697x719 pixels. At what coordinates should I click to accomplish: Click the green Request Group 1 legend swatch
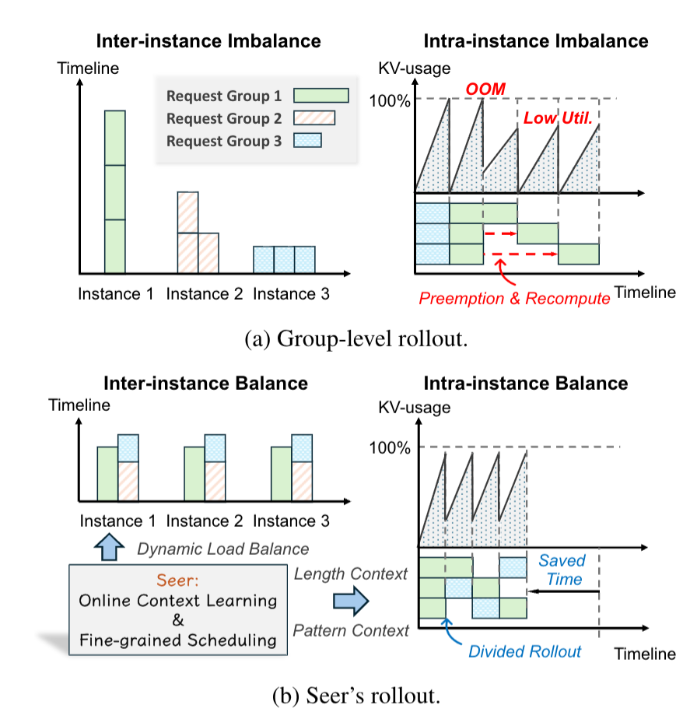click(321, 96)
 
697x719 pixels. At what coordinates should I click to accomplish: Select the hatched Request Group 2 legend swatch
click(313, 118)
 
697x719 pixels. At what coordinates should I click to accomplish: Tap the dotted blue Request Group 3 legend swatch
click(306, 141)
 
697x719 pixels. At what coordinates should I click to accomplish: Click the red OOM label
click(485, 90)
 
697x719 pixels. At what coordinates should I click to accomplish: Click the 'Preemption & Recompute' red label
click(514, 298)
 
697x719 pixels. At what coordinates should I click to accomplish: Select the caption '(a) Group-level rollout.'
click(348, 339)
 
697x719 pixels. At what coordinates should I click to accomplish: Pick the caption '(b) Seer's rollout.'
click(348, 696)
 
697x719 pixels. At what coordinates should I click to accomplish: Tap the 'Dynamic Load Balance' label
click(222, 549)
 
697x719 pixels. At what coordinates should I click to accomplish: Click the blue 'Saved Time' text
click(562, 570)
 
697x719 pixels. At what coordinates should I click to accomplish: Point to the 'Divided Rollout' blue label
click(524, 651)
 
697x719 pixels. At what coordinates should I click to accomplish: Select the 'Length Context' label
click(351, 574)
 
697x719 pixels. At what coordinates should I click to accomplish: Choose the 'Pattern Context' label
click(352, 631)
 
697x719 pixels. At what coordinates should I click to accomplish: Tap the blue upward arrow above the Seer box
click(110, 548)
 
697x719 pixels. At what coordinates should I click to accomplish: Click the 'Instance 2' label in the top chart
click(205, 294)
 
